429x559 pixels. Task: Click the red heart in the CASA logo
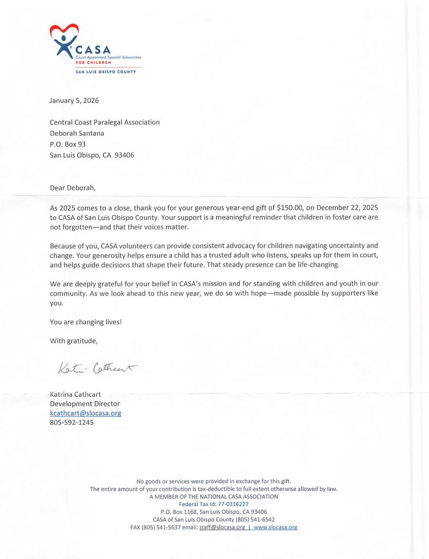point(64,32)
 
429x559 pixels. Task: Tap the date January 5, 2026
point(74,100)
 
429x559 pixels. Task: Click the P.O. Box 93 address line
point(68,144)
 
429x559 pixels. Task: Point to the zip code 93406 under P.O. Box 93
point(124,155)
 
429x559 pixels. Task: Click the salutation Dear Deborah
point(73,188)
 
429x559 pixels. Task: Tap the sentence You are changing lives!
point(86,322)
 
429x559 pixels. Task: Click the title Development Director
point(85,404)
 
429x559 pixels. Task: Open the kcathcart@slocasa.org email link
point(85,413)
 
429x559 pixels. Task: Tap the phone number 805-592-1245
point(71,423)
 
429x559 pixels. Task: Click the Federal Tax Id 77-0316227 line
point(214,504)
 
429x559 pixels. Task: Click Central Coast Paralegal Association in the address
point(105,122)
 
